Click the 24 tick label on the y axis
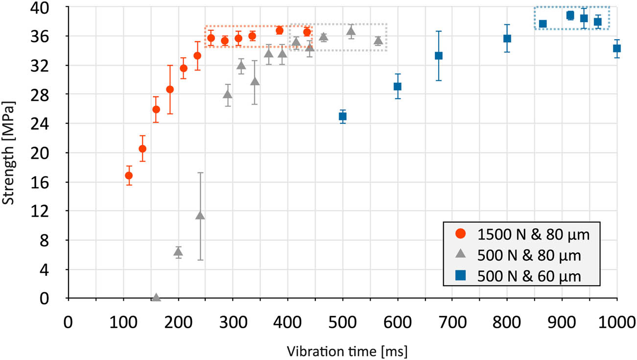click(x=54, y=124)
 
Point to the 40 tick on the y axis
click(x=54, y=8)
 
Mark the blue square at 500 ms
click(x=343, y=117)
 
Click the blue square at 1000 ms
click(x=617, y=48)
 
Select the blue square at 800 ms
click(x=507, y=39)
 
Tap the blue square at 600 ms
click(x=398, y=87)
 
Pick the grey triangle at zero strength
click(x=156, y=297)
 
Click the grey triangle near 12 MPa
click(x=200, y=216)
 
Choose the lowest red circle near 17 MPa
click(x=129, y=175)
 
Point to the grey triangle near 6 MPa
click(x=178, y=252)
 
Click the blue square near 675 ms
click(x=439, y=56)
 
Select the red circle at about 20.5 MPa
click(x=142, y=149)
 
